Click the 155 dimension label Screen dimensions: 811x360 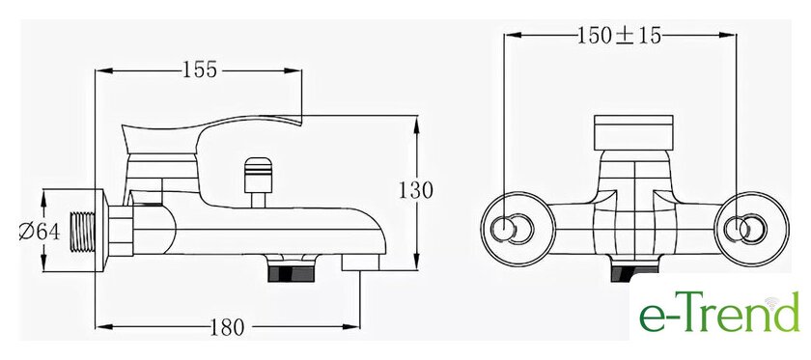coord(200,69)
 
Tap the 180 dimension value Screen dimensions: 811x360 coord(227,327)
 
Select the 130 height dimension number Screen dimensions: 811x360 coord(415,191)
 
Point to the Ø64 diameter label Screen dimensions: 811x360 coord(40,233)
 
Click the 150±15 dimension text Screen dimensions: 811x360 coord(619,36)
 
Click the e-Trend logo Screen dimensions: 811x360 coord(719,313)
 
